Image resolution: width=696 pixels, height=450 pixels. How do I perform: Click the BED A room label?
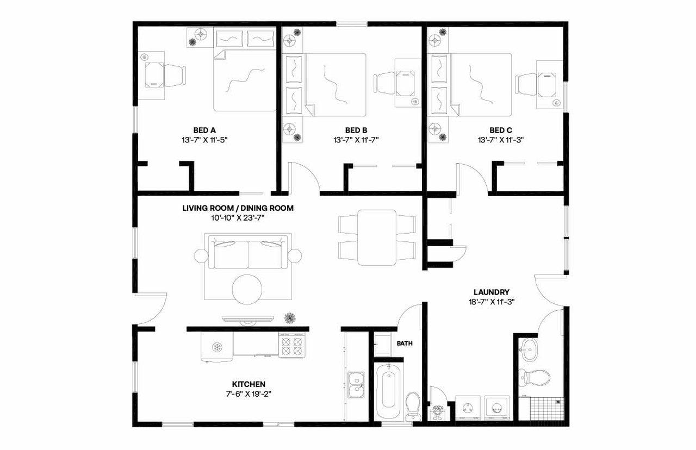coord(205,130)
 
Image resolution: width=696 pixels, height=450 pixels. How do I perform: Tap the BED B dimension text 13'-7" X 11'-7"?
coord(356,140)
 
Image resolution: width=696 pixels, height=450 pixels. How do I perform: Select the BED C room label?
coord(501,130)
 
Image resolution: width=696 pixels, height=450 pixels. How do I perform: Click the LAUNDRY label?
coord(491,292)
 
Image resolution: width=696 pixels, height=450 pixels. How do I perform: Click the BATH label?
coord(405,343)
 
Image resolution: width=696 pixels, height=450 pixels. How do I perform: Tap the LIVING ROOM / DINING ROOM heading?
coord(238,208)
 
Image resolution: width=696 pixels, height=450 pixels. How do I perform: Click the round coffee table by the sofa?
coord(247,290)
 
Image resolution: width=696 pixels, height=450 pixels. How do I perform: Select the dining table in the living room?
coord(376,237)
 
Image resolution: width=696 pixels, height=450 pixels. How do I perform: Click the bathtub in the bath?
coord(388,387)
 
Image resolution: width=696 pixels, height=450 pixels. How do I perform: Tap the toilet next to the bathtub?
coord(414,404)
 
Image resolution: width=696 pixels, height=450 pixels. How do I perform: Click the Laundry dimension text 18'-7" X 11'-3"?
coord(491,302)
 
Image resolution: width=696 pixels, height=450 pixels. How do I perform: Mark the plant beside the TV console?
coord(289,317)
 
